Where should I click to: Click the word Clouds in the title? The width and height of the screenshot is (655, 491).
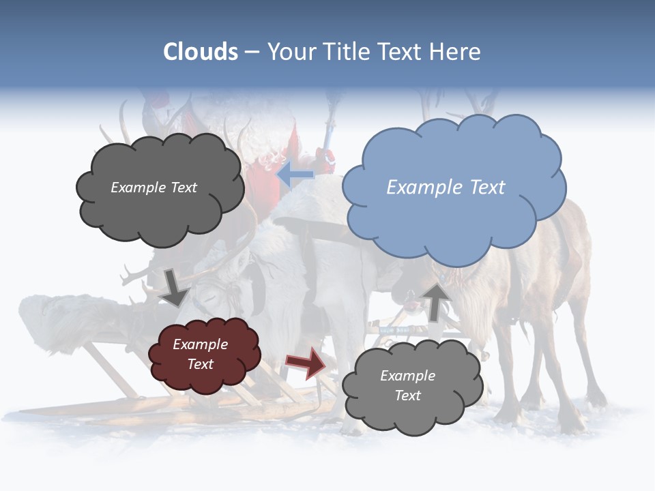(201, 52)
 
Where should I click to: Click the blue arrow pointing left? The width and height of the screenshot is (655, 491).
(295, 175)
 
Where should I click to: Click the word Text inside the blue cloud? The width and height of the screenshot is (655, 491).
(487, 188)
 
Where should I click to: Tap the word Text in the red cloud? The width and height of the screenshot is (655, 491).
(201, 364)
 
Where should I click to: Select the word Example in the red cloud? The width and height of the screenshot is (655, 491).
(201, 344)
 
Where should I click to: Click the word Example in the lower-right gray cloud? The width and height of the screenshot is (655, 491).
(407, 376)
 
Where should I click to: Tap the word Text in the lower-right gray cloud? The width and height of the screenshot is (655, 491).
(407, 396)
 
